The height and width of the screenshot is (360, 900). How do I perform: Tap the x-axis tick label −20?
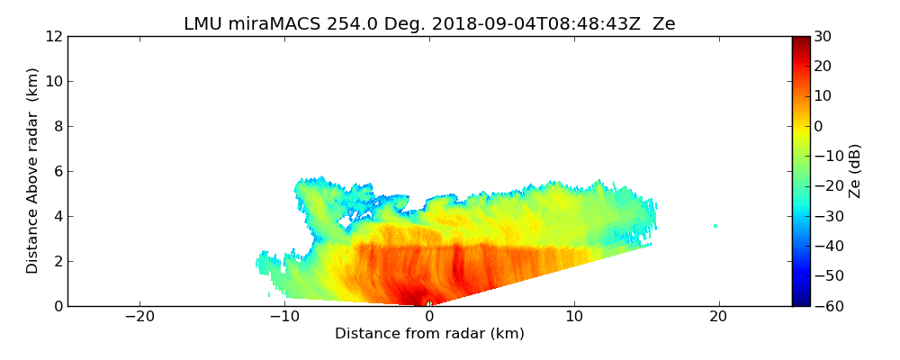click(139, 316)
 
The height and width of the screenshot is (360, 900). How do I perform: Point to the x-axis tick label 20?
click(718, 316)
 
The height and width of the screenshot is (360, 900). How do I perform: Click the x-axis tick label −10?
click(284, 316)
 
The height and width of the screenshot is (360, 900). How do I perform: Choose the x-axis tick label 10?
click(574, 316)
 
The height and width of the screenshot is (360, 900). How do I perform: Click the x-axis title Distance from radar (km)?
click(429, 334)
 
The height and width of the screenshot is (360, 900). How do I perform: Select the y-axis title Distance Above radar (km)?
click(33, 170)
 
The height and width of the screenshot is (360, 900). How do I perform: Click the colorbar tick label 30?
click(823, 36)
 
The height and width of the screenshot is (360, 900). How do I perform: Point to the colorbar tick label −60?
click(826, 306)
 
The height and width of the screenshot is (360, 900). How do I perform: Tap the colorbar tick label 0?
click(819, 126)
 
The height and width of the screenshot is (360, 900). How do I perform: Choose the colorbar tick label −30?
click(826, 216)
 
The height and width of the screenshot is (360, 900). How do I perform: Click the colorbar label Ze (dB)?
click(854, 171)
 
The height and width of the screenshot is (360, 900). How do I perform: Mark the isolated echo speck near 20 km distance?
click(716, 226)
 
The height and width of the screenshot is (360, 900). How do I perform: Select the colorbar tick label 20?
click(823, 66)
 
